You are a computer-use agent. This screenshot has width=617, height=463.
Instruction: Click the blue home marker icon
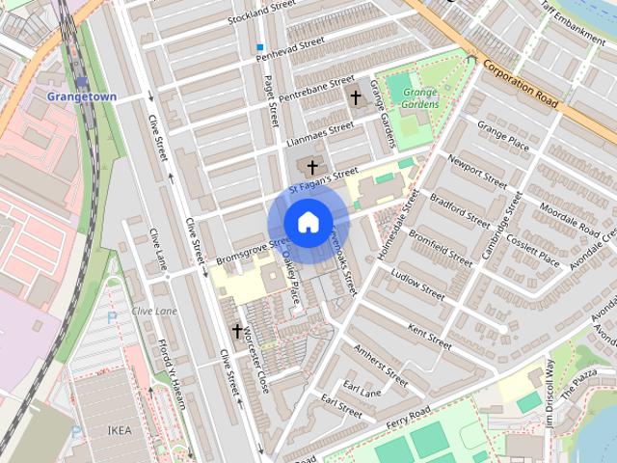coord(307,222)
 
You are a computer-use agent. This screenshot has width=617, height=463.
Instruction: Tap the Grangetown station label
coord(82,97)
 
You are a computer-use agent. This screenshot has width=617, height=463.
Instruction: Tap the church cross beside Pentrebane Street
coord(356,97)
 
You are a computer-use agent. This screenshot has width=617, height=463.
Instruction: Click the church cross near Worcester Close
coord(236,332)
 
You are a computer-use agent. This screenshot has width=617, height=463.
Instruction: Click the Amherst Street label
coord(381,365)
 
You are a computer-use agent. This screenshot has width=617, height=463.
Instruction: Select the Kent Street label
coord(429,337)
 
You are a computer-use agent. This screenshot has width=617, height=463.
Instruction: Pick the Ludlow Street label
coord(416,284)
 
